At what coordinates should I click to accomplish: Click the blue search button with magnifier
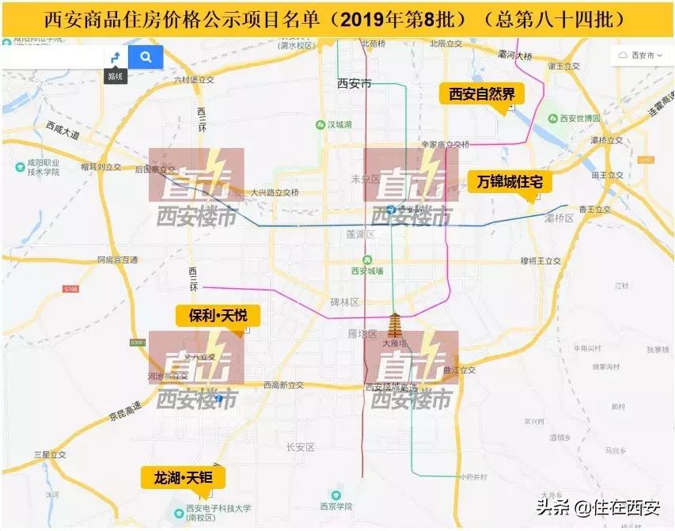pyautogui.click(x=146, y=57)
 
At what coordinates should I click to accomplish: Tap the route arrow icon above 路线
pyautogui.click(x=116, y=57)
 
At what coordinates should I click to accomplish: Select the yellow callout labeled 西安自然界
pyautogui.click(x=482, y=95)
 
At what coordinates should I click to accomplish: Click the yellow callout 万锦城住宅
pyautogui.click(x=509, y=182)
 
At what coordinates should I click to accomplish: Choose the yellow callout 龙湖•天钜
pyautogui.click(x=184, y=477)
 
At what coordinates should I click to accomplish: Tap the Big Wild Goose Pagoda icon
pyautogui.click(x=394, y=326)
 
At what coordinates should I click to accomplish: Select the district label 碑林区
pyautogui.click(x=345, y=302)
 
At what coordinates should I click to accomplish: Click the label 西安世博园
pyautogui.click(x=579, y=119)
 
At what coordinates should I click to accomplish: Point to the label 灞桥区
pyautogui.click(x=559, y=218)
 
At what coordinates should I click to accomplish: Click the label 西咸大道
pyautogui.click(x=63, y=130)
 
